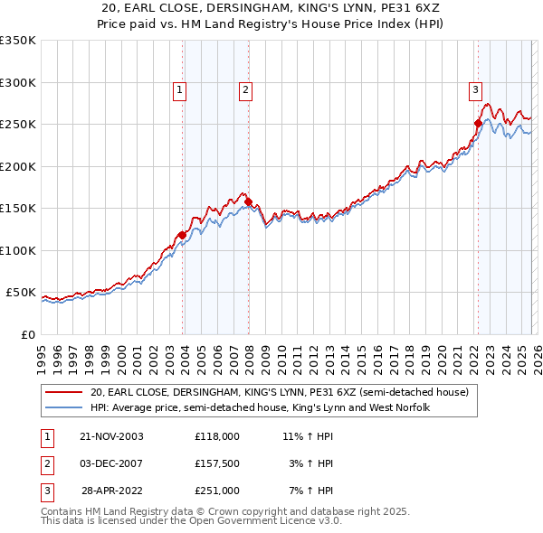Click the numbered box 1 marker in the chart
coord(180,89)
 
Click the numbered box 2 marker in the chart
coord(245,89)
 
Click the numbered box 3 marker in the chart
coord(475,89)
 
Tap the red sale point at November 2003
coord(182,235)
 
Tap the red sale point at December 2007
coord(248,201)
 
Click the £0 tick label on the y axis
coord(27,334)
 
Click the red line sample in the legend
coord(65,393)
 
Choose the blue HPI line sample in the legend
coord(65,408)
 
